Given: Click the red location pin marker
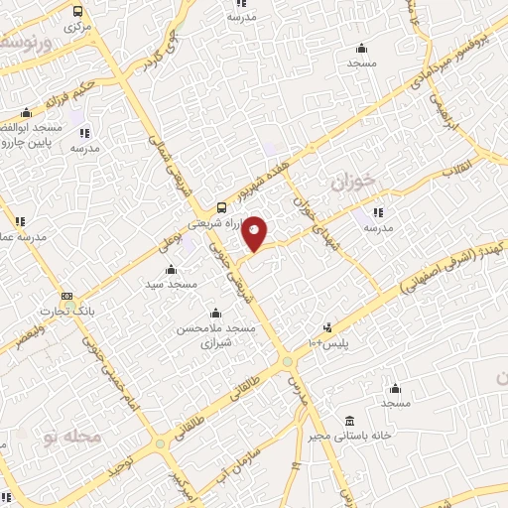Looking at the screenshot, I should [x=255, y=232].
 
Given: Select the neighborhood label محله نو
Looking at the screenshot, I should [x=70, y=437].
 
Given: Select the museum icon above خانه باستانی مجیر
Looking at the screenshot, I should [x=348, y=420].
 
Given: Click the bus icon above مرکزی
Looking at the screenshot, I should [x=78, y=11].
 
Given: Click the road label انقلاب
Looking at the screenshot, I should [x=460, y=170].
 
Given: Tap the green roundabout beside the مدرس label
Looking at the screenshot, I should [x=286, y=361].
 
